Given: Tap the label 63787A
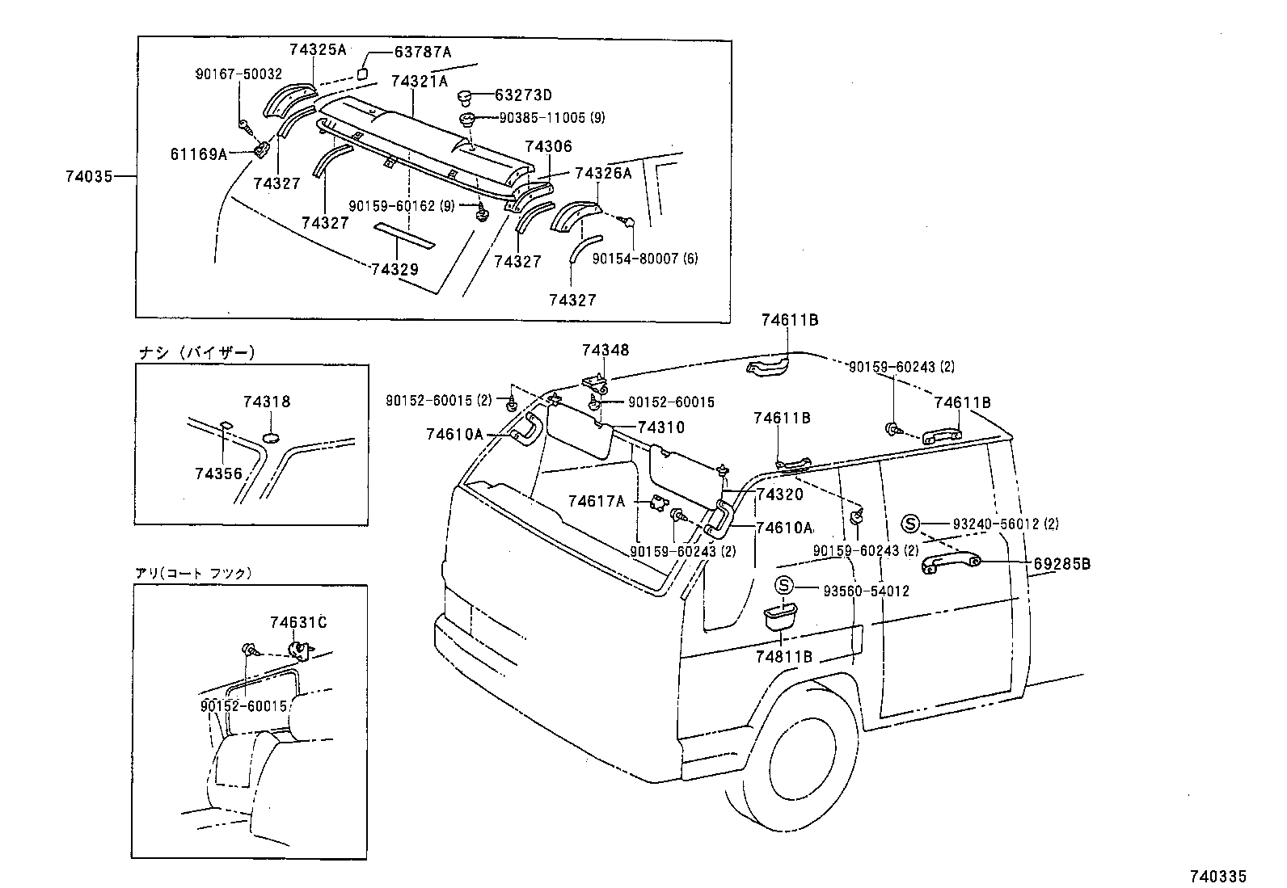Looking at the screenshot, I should (422, 53).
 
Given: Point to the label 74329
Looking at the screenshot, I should (395, 269).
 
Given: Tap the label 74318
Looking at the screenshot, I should (266, 402).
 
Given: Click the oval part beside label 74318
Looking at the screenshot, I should (273, 437).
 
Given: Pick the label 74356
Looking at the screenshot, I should (217, 473).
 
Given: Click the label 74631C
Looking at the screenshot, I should (298, 622).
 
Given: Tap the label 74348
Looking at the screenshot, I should (605, 350).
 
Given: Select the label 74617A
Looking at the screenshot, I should (597, 502).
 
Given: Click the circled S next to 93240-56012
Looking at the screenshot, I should (911, 524).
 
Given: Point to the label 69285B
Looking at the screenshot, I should (1061, 564).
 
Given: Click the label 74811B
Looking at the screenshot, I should (783, 657).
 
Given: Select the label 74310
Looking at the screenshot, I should (660, 427).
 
